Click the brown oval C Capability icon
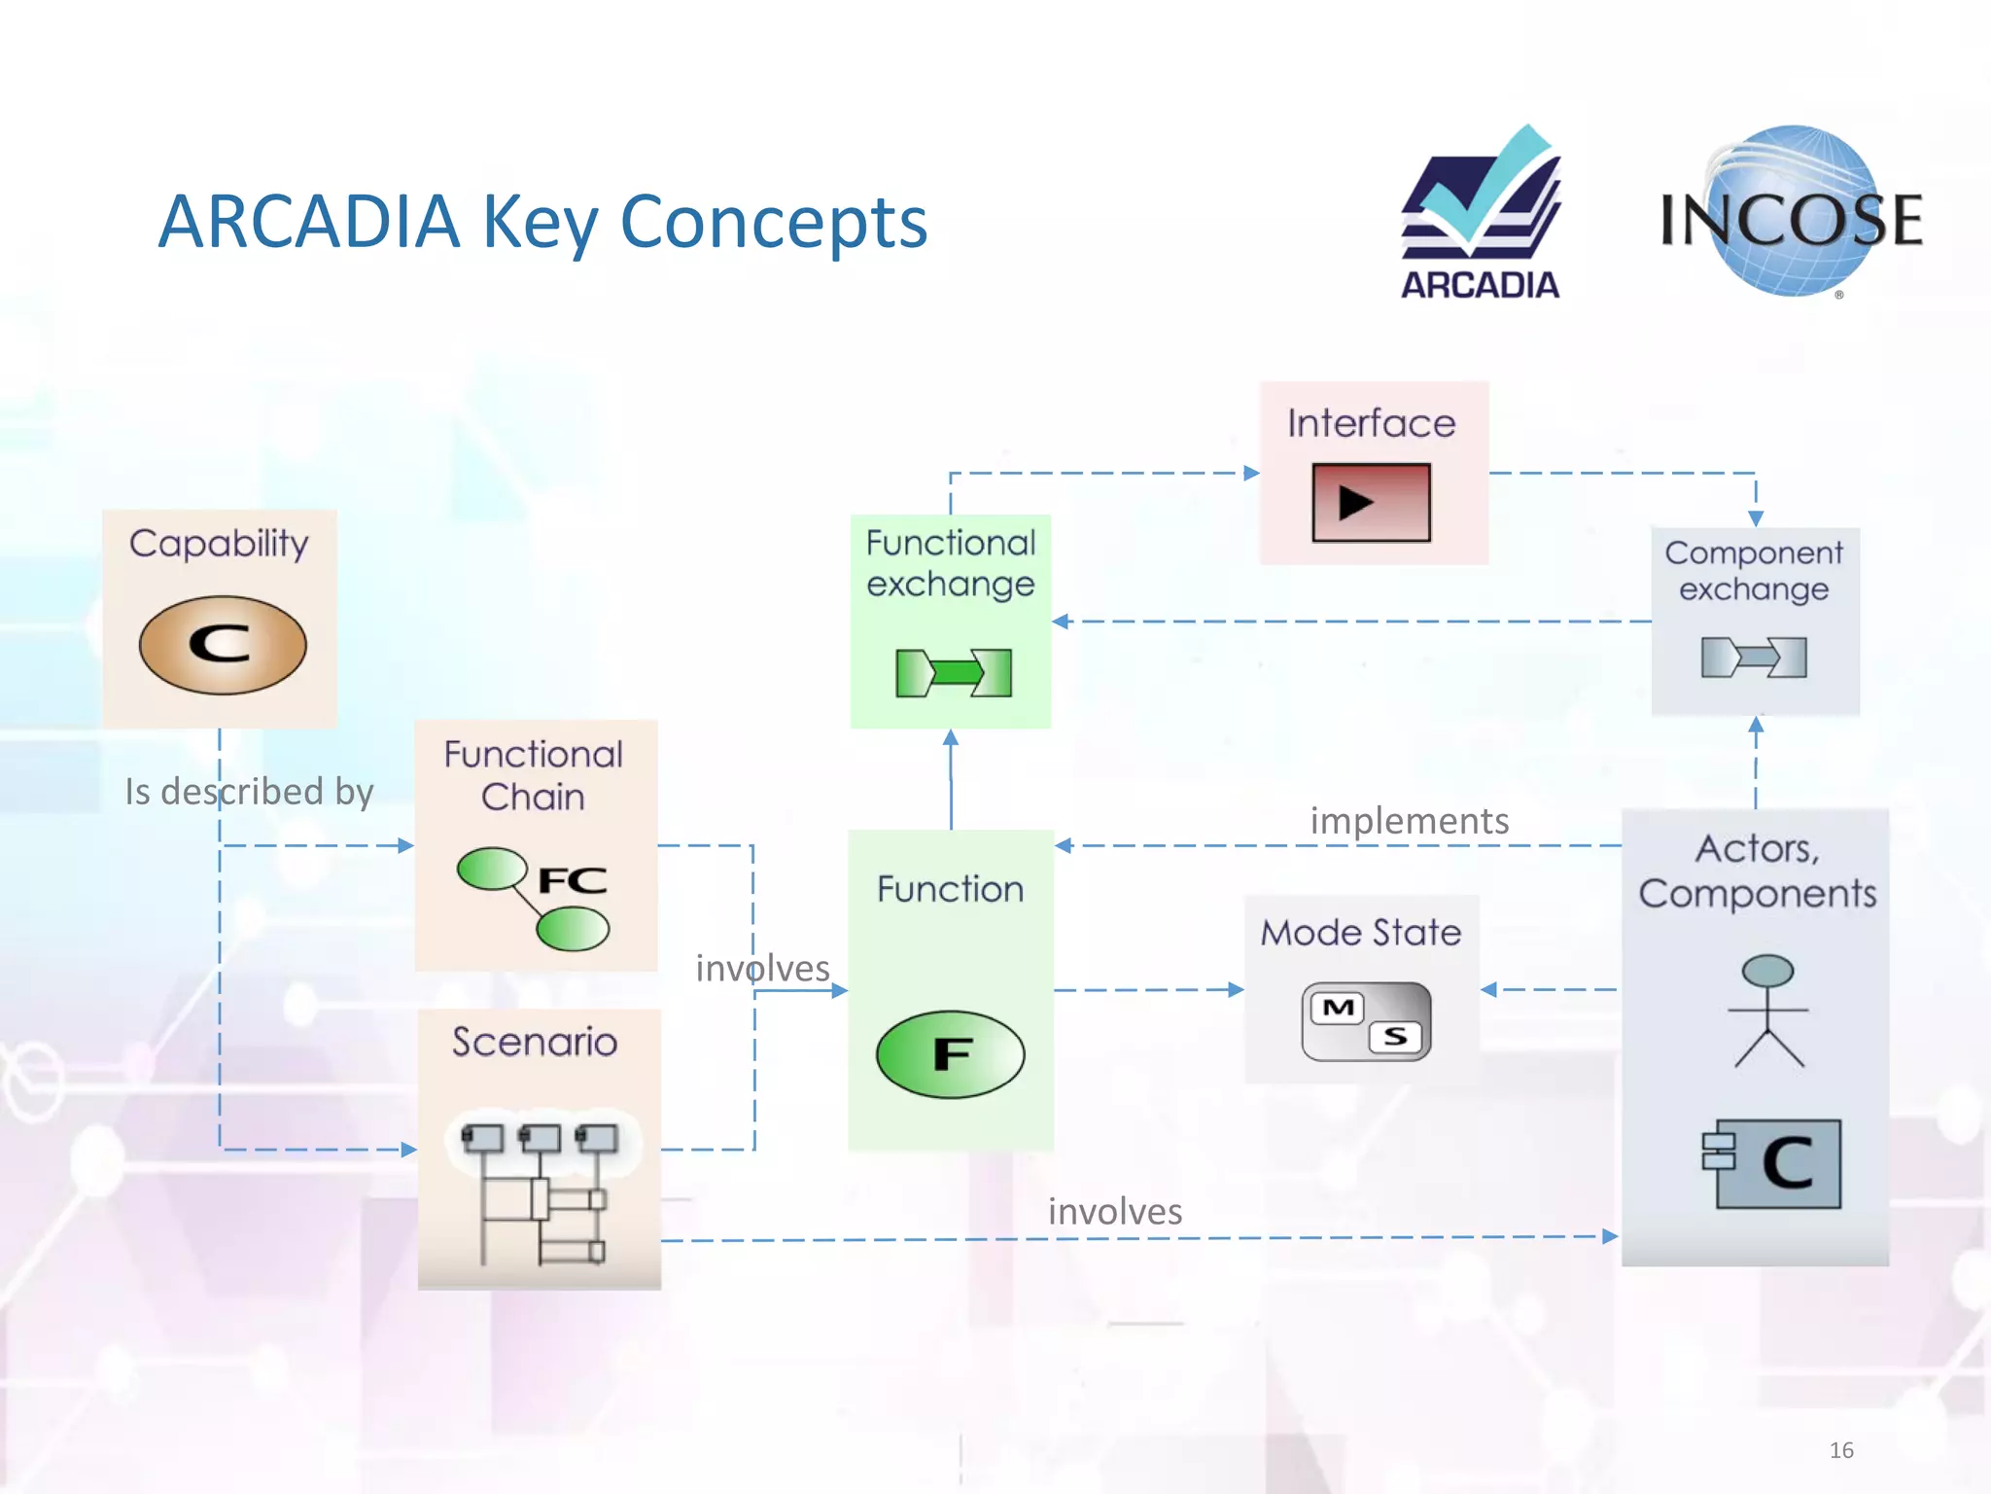pyautogui.click(x=223, y=645)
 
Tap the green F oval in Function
pyautogui.click(x=950, y=1054)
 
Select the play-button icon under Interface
pyautogui.click(x=1371, y=502)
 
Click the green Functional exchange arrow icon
pyautogui.click(x=953, y=672)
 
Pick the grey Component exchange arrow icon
pyautogui.click(x=1754, y=658)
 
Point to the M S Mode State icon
pyautogui.click(x=1366, y=1021)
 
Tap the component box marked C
pyautogui.click(x=1771, y=1163)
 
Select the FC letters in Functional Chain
pyautogui.click(x=573, y=880)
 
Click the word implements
pyautogui.click(x=1409, y=821)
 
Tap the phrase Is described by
pyautogui.click(x=249, y=792)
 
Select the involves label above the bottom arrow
pyautogui.click(x=1115, y=1212)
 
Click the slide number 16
pyautogui.click(x=1840, y=1450)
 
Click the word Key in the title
pyautogui.click(x=540, y=223)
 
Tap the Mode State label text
pyautogui.click(x=1361, y=933)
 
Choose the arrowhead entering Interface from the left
pyautogui.click(x=1252, y=473)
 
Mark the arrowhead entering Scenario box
pyautogui.click(x=409, y=1150)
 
